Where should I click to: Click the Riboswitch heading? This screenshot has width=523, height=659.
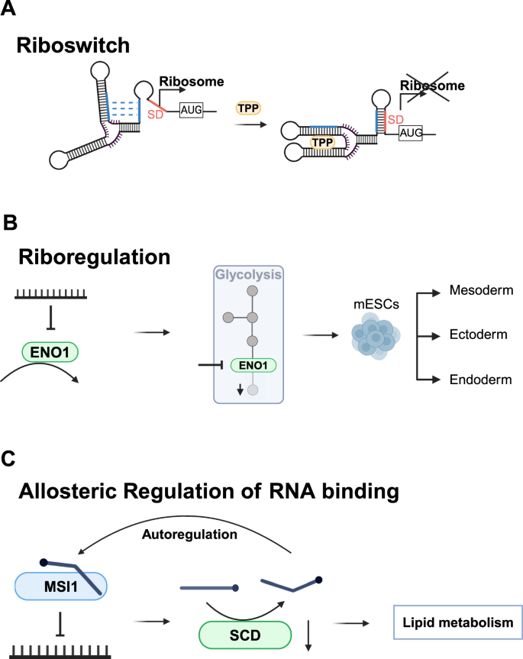point(73,45)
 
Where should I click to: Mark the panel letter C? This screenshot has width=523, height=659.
point(10,458)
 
